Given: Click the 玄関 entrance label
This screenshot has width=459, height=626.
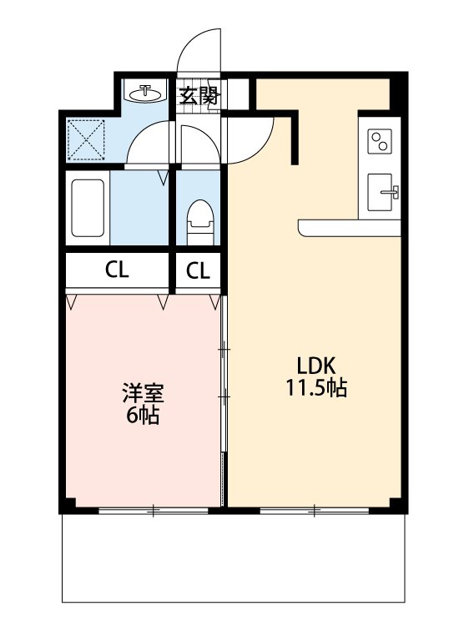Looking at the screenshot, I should coord(199,95).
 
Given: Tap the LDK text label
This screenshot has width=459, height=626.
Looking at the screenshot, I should coord(316,366).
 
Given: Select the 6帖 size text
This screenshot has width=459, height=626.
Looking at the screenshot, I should coord(143,414).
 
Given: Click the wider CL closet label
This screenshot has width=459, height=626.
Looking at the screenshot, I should coord(118,270).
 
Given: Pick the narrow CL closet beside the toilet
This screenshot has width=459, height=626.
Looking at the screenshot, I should coord(198,270).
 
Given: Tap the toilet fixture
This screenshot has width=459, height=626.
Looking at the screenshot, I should coord(199,220).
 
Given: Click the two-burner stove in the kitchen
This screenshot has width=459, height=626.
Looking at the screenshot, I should coord(381,140).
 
